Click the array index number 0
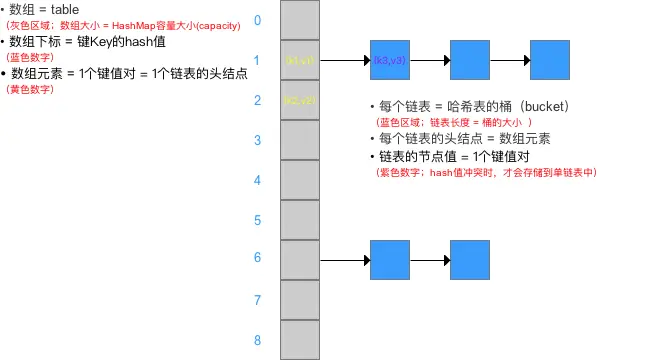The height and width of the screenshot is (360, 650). [257, 20]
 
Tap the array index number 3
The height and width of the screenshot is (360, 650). [257, 140]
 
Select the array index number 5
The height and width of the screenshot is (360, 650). [257, 220]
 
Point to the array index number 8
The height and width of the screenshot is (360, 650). [257, 340]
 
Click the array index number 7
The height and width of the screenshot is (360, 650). [257, 300]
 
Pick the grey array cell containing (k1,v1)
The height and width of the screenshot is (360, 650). [300, 61]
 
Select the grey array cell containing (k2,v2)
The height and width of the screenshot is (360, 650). [300, 101]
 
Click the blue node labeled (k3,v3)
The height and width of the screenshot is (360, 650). [389, 61]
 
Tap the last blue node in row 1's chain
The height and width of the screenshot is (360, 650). [549, 61]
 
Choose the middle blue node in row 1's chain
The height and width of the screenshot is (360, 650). [469, 61]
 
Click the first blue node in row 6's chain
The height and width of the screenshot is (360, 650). [389, 260]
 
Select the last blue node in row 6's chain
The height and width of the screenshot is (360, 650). [469, 260]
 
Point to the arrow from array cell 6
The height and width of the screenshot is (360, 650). [345, 260]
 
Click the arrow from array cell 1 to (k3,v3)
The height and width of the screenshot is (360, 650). [345, 61]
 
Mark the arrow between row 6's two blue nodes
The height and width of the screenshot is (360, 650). [429, 260]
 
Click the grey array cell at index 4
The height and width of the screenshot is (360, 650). [300, 180]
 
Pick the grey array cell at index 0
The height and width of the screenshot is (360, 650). [300, 21]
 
